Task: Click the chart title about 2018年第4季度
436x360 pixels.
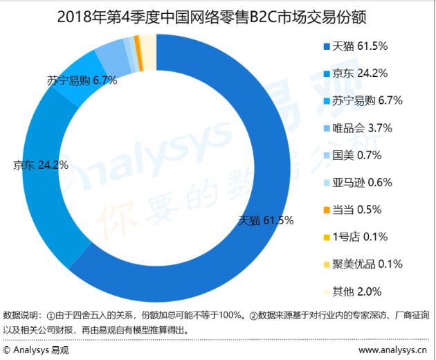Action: pos(217,15)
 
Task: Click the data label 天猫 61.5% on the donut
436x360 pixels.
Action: pos(266,221)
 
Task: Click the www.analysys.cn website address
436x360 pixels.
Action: pos(392,350)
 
